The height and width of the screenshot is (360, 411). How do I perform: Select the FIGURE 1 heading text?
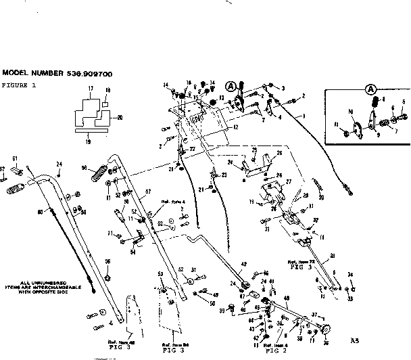(18, 86)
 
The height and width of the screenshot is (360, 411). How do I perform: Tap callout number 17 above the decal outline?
(90, 89)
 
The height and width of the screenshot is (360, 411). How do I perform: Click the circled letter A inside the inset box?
(370, 89)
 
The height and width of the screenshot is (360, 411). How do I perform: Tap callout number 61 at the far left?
(14, 158)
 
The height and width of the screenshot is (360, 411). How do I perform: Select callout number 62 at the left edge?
(3, 168)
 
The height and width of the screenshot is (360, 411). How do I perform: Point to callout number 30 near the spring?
(321, 197)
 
